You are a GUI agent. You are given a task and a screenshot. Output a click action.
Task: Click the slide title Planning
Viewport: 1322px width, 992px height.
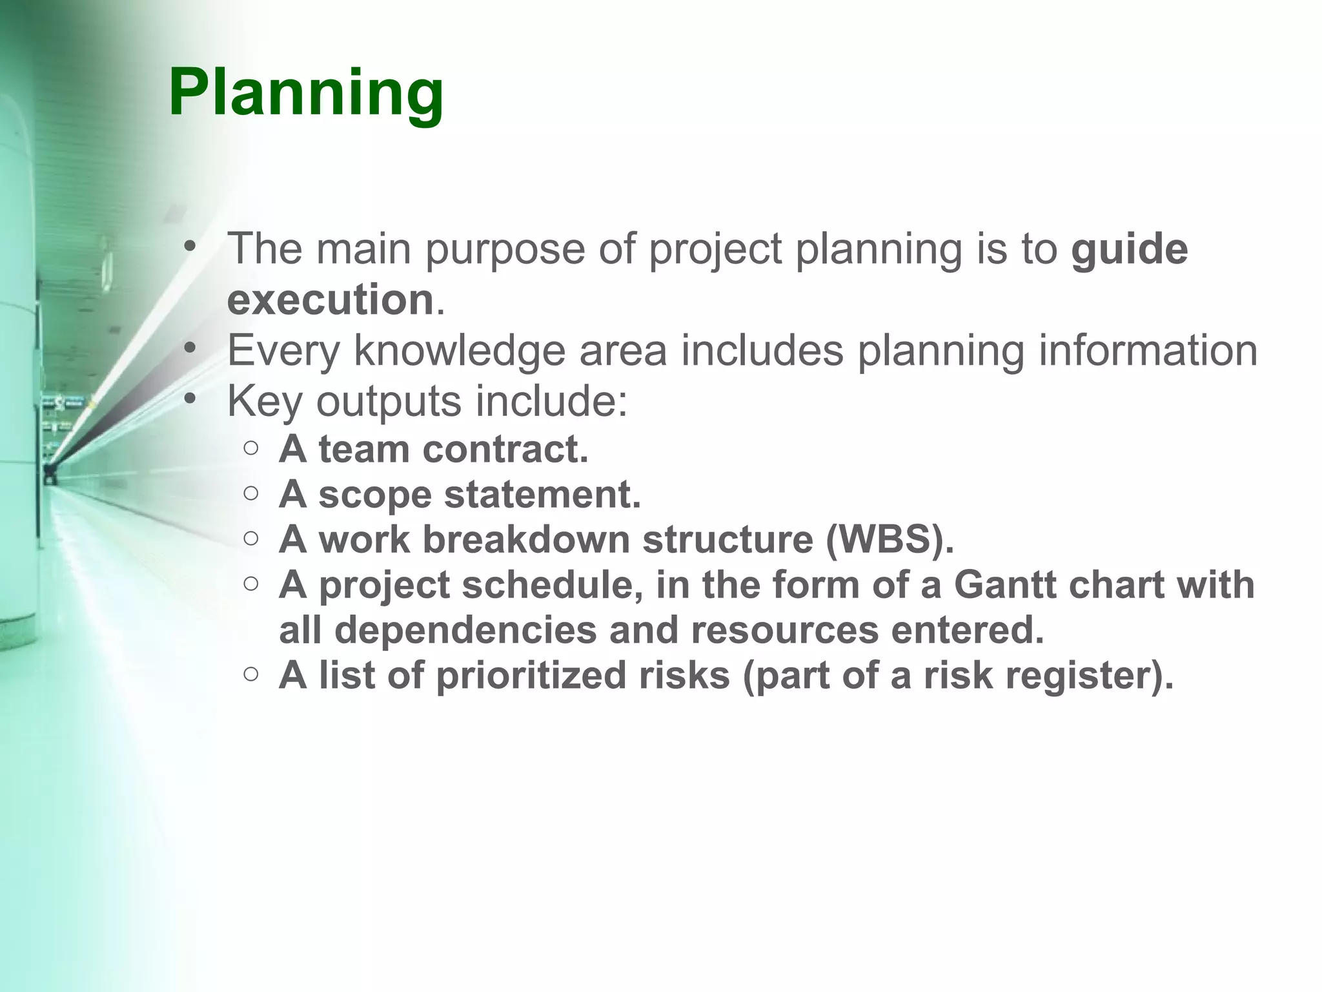[306, 94]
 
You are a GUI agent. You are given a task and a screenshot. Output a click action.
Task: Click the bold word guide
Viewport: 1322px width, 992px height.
[1129, 249]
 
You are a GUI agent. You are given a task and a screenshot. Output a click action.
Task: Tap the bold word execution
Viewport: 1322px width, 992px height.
[330, 300]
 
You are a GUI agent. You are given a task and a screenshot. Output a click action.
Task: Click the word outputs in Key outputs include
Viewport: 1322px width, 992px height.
[389, 402]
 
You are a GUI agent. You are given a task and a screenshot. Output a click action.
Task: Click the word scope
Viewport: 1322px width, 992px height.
[374, 495]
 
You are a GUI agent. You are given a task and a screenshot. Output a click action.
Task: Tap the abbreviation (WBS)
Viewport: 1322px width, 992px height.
[890, 539]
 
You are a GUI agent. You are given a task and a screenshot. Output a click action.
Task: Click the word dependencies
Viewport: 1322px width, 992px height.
[465, 630]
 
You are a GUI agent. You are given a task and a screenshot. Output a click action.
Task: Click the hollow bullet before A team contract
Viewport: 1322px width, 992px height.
[252, 448]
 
